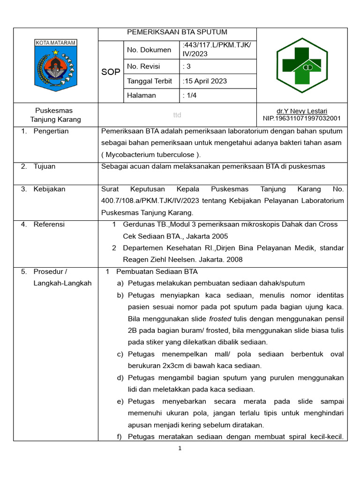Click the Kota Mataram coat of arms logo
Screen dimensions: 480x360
click(55, 65)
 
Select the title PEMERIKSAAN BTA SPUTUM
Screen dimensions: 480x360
click(177, 32)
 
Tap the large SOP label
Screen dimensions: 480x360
click(111, 72)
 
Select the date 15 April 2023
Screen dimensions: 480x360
click(206, 81)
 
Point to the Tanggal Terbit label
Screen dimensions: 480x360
click(150, 81)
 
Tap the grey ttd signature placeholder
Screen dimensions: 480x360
click(177, 115)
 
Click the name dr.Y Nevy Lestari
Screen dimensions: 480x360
click(302, 111)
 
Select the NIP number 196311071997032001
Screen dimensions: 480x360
click(302, 119)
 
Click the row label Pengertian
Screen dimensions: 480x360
click(51, 131)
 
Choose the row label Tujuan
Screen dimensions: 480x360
click(45, 166)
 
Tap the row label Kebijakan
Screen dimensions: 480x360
click(49, 189)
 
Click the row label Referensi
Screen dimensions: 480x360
click(49, 225)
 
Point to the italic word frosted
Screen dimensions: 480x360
click(220, 319)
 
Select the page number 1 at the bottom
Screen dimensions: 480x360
click(180, 449)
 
